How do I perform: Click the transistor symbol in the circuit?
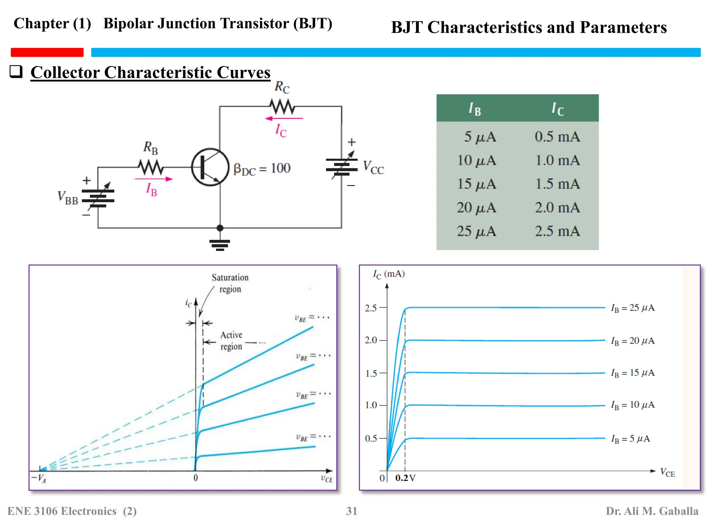point(210,167)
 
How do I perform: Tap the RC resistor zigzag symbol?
point(282,106)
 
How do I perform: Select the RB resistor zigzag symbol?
point(151,167)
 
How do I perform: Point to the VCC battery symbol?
point(342,167)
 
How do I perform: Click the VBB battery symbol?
point(98,198)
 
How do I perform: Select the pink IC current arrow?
point(283,119)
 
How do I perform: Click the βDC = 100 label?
point(262,169)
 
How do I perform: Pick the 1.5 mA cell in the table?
point(557,184)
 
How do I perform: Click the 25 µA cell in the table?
point(476,231)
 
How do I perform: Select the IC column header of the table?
point(557,109)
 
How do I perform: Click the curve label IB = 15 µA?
point(632,373)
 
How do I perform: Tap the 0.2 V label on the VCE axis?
point(405,478)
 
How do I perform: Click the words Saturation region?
point(230,283)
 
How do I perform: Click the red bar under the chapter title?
point(47,52)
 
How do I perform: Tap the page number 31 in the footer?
point(352,511)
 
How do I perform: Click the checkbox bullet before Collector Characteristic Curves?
point(16,72)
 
